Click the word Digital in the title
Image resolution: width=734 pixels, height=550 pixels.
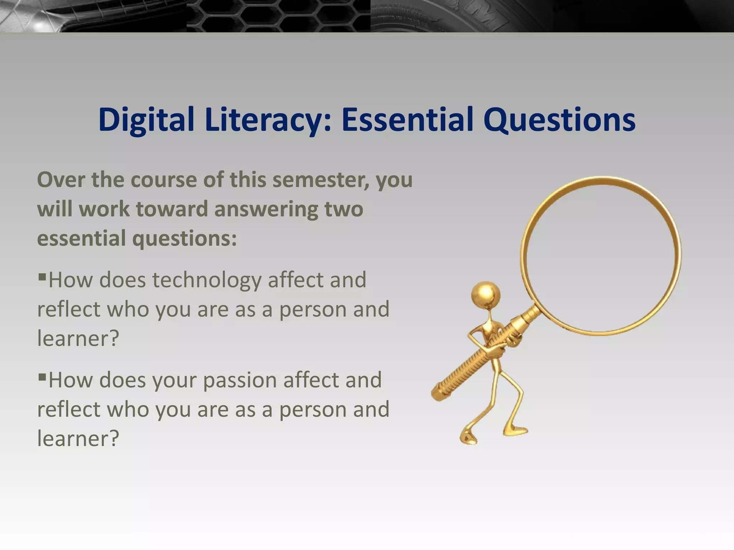point(146,120)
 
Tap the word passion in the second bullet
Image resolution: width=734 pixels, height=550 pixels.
point(240,380)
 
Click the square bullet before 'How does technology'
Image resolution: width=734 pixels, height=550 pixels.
point(42,276)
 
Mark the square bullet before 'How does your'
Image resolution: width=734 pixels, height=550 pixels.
point(42,377)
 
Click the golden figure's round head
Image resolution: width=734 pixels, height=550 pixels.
point(486,294)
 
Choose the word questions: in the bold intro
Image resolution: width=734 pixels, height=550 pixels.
point(185,239)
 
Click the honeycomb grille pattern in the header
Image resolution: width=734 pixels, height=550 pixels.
point(278,16)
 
